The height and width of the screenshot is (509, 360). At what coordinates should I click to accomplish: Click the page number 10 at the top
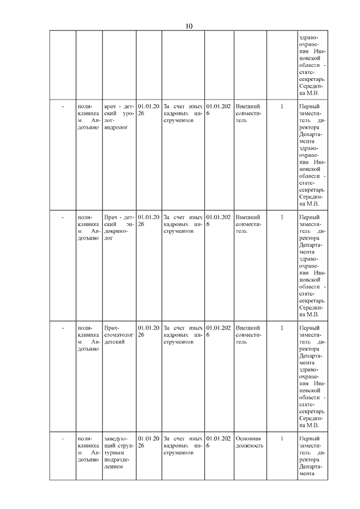point(189,26)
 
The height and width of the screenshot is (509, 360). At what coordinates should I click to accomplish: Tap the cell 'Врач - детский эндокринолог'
point(119,227)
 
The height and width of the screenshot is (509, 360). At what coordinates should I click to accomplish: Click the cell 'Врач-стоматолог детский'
point(119,334)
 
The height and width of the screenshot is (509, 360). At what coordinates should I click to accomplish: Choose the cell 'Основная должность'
point(249,442)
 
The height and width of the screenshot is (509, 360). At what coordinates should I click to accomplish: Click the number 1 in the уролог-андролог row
point(282,106)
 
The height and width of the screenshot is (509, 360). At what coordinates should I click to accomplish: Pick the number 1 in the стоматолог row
point(282,327)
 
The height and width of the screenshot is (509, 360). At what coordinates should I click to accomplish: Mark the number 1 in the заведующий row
point(282,438)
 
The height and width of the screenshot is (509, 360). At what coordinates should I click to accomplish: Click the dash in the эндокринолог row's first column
point(62,217)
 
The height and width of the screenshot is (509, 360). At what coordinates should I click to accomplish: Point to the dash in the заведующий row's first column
point(62,438)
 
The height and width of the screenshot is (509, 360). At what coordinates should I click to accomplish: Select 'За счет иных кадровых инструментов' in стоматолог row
point(183,334)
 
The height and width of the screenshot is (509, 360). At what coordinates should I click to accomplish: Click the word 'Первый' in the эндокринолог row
point(309,217)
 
